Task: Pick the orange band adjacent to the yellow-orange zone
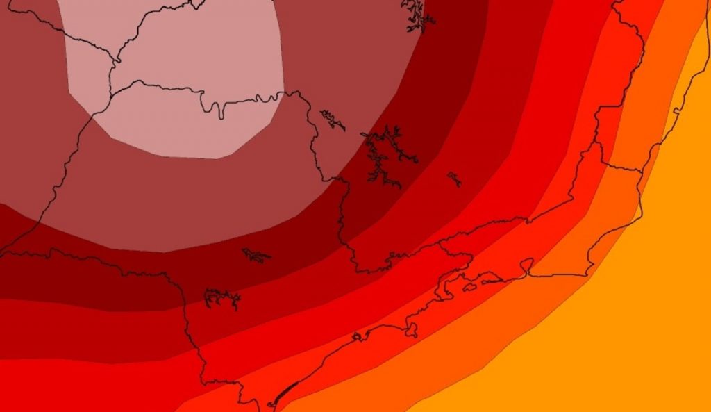(x=486, y=347)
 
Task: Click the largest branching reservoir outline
(x=385, y=156)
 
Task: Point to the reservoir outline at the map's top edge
(x=417, y=14)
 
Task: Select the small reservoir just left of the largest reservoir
(x=333, y=120)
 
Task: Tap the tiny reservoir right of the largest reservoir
(x=454, y=179)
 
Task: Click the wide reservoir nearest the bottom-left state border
(x=222, y=299)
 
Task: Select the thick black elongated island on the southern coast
(x=285, y=393)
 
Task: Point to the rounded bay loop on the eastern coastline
(x=527, y=266)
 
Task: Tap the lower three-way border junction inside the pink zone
(x=110, y=94)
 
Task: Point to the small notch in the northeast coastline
(x=674, y=111)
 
